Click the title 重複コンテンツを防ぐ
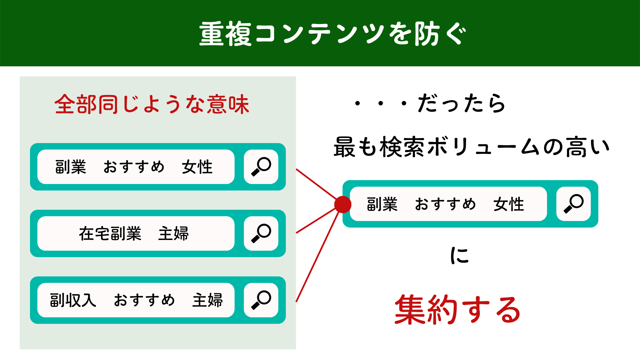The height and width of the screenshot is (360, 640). (333, 34)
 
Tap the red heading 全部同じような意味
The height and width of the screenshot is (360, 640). (152, 104)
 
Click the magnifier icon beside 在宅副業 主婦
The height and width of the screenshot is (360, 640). (261, 233)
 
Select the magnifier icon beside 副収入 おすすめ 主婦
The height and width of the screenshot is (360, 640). (261, 300)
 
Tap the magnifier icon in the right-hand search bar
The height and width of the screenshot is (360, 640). (573, 204)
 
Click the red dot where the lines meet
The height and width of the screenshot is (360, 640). (343, 204)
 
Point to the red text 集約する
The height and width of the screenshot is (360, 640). (457, 310)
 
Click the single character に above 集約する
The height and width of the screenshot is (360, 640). (459, 256)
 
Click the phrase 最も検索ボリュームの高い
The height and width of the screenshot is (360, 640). (471, 147)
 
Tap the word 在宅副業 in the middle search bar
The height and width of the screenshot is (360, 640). (110, 233)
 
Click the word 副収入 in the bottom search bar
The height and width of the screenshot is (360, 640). (73, 300)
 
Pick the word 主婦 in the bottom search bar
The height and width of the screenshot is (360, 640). (207, 300)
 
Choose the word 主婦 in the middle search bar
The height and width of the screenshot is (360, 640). (173, 233)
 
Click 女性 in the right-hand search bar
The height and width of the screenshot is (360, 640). (509, 204)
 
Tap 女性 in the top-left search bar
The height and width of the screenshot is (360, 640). (197, 167)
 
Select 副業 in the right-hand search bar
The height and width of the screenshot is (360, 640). (382, 204)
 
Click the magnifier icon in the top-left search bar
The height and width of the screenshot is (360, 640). (261, 167)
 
